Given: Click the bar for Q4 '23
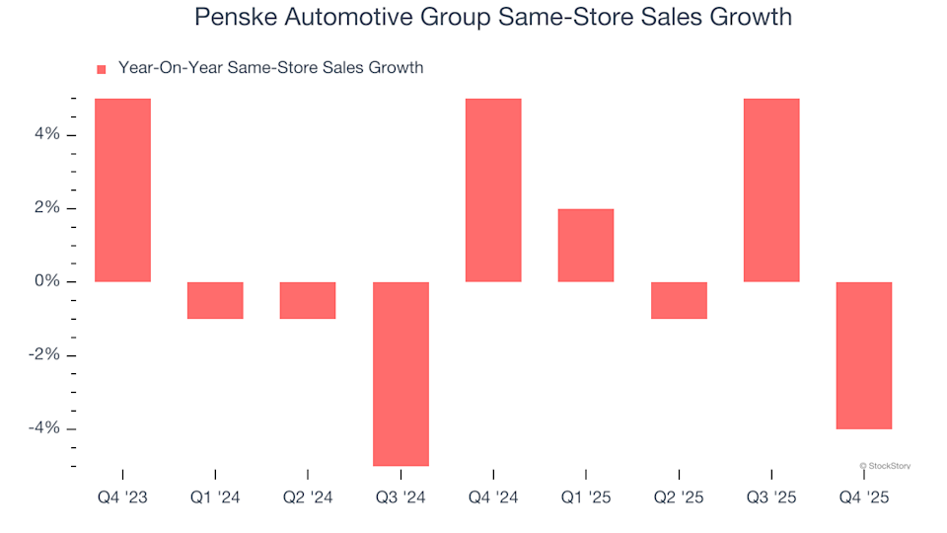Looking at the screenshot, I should pos(122,190).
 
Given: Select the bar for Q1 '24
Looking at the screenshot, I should pos(215,300).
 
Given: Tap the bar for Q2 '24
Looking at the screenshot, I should pos(308,300).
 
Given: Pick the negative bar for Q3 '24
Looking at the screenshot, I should pos(401,373).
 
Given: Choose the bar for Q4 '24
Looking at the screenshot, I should pos(493,190).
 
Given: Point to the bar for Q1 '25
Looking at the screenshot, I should pos(586,245).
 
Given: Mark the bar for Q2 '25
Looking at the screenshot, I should pos(679,300).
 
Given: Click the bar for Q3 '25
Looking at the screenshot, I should pos(771,190).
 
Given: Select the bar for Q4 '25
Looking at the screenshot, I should pos(864,355).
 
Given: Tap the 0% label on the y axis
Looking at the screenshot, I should pos(47,282).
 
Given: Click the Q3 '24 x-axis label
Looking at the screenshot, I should pos(401,497).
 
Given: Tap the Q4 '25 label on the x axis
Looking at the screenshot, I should pos(864,497).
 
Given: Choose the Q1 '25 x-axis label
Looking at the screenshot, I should pos(586,497).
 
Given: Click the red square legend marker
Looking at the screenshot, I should pos(101,69).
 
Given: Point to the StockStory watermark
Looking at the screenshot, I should pos(885,465).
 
